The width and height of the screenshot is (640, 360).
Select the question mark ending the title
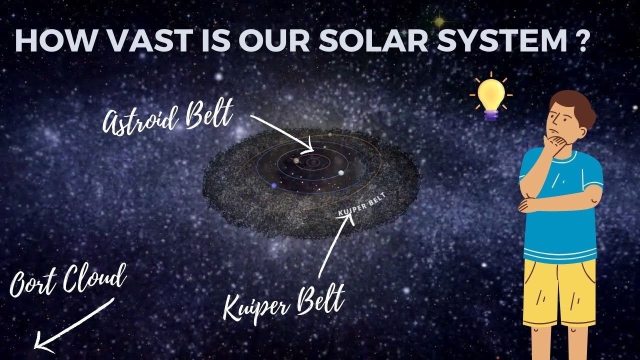click(x=580, y=40)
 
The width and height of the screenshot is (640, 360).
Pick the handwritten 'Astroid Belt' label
click(x=167, y=118)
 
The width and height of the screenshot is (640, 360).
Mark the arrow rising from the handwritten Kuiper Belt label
click(x=334, y=247)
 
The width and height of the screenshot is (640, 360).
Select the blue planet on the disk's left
click(x=274, y=186)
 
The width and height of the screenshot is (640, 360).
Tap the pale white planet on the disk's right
click(x=341, y=173)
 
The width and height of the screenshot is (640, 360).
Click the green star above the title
click(x=439, y=21)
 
